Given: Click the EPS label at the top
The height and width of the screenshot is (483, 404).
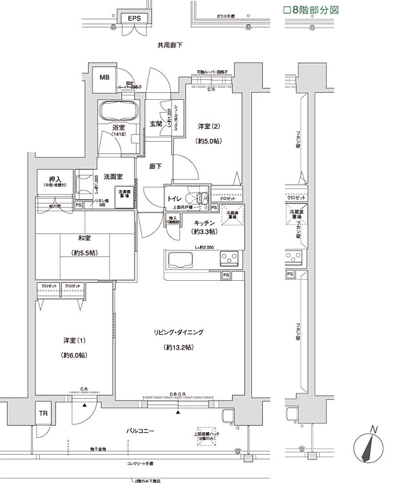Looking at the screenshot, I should [134, 19].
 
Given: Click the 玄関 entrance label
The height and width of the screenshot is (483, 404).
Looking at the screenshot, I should [156, 124].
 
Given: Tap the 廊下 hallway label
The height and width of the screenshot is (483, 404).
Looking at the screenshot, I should [155, 166].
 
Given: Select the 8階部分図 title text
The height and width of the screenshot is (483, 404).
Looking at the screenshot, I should [311, 10].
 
